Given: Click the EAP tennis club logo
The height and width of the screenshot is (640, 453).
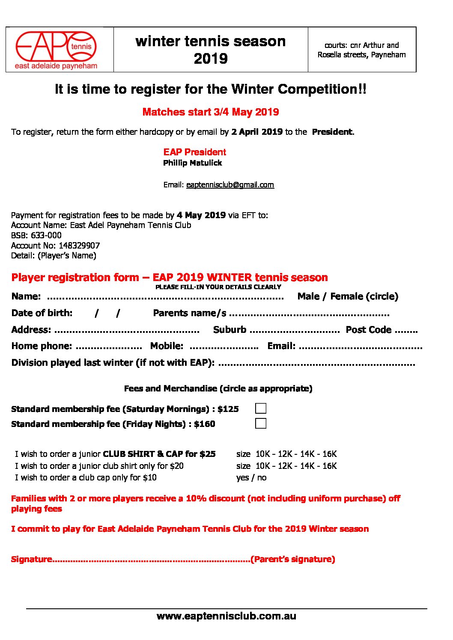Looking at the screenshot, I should pyautogui.click(x=56, y=50).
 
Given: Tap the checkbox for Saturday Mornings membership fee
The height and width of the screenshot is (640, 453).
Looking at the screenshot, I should pyautogui.click(x=261, y=409).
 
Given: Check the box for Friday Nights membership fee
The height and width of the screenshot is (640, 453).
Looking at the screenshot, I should pyautogui.click(x=261, y=424).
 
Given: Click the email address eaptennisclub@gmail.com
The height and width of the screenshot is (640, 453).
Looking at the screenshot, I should pyautogui.click(x=230, y=185).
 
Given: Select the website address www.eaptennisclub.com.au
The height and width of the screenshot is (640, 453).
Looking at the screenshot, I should pyautogui.click(x=226, y=616).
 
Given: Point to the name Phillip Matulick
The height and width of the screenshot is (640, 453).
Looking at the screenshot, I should pyautogui.click(x=192, y=163).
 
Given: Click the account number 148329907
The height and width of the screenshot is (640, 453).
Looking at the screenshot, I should pyautogui.click(x=79, y=246).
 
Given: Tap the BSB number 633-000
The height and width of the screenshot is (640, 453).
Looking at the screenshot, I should pyautogui.click(x=45, y=235).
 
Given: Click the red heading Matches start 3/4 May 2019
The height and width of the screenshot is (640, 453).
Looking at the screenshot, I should pyautogui.click(x=210, y=112).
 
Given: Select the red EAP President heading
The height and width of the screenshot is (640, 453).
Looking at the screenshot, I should pyautogui.click(x=194, y=152).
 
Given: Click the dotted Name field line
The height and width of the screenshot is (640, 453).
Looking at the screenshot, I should pyautogui.click(x=165, y=297).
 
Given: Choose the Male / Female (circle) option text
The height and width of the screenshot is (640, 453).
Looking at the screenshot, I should pyautogui.click(x=348, y=296).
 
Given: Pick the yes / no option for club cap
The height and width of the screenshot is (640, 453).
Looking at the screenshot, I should pyautogui.click(x=251, y=478).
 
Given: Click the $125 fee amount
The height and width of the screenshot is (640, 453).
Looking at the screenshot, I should pyautogui.click(x=228, y=409).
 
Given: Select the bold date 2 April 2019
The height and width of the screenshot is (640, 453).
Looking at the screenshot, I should pyautogui.click(x=257, y=132).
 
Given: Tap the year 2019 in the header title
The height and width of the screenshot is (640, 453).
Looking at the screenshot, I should pyautogui.click(x=210, y=59).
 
